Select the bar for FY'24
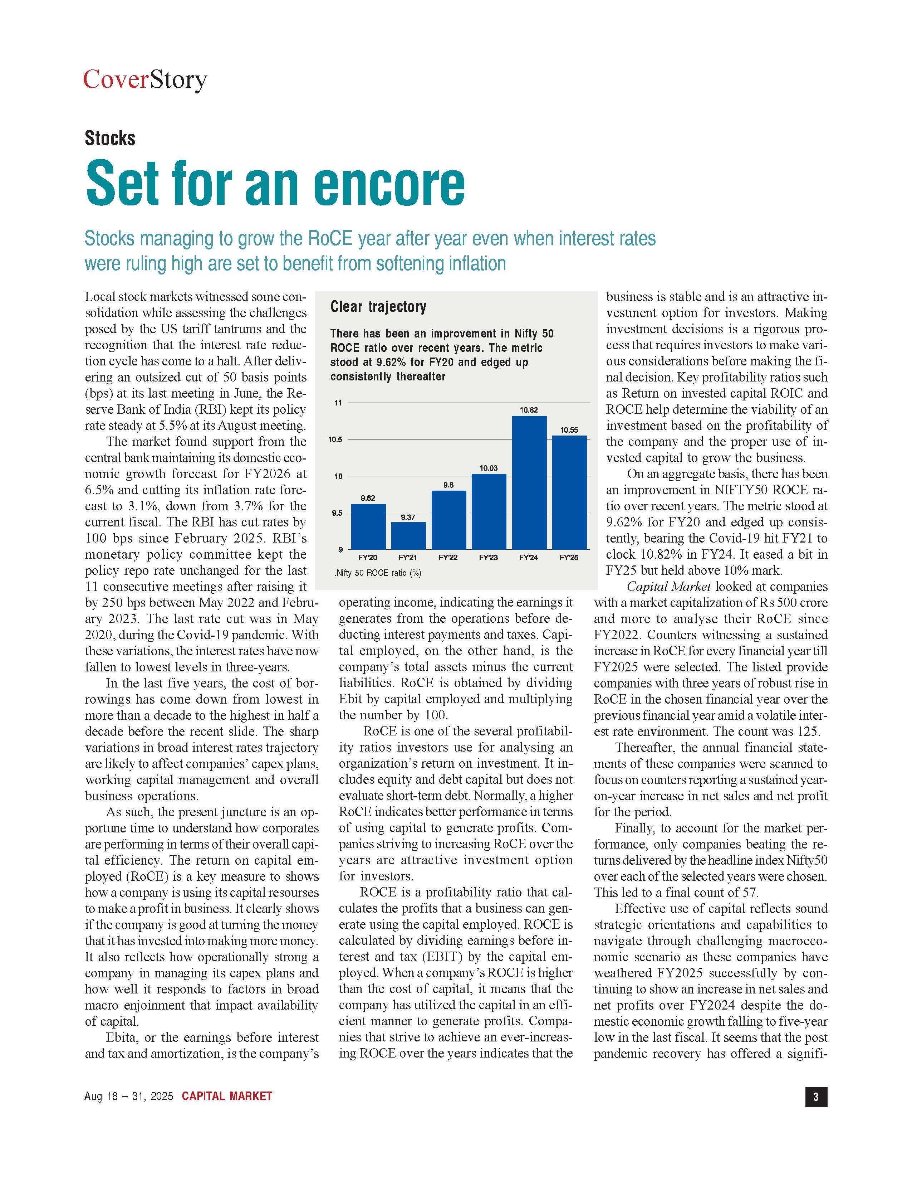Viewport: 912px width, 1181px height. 529,482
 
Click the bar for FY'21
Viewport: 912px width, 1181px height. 408,535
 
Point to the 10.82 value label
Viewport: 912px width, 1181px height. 529,410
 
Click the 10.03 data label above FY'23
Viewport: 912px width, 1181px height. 489,468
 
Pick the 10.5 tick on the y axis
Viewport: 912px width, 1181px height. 335,439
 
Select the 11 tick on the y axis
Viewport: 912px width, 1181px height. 338,403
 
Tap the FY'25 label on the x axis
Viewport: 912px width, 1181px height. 569,557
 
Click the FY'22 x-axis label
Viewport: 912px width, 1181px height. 448,557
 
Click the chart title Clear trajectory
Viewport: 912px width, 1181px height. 378,307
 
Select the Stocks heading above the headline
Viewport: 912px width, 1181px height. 110,138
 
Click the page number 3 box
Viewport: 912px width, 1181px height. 816,1096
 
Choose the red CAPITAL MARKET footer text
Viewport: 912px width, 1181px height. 227,1096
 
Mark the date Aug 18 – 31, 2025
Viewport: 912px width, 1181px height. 129,1096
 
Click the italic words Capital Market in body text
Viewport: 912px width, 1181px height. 668,587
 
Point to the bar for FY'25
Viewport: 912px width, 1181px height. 569,492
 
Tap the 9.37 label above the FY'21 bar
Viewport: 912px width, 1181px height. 408,517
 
